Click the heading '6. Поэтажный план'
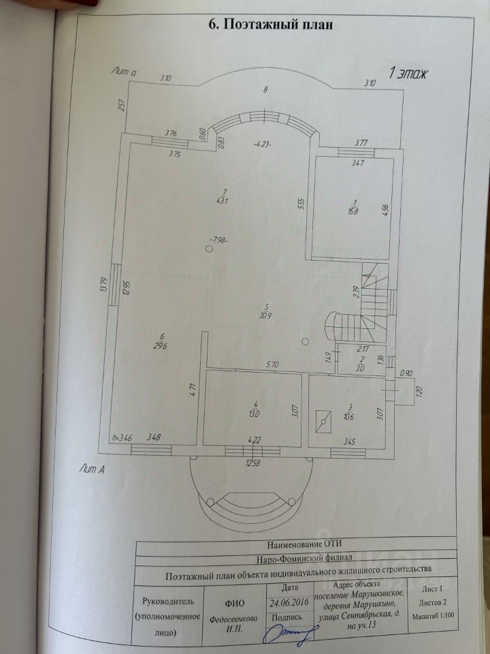click(269, 26)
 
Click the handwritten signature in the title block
click(290, 634)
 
